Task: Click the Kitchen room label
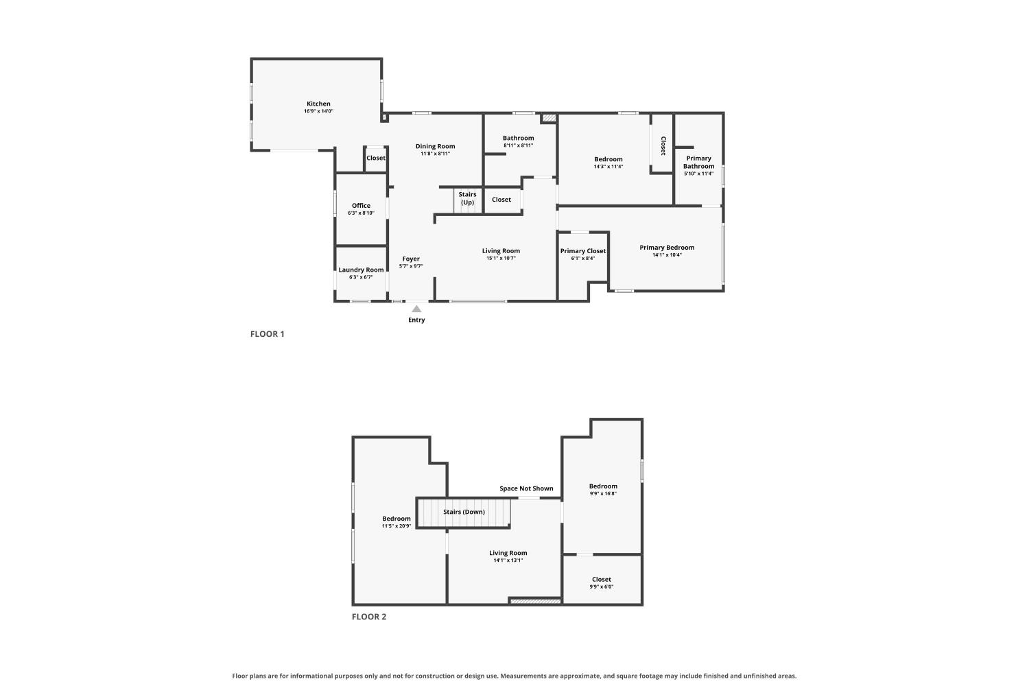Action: pos(318,104)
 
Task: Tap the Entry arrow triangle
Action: pos(416,309)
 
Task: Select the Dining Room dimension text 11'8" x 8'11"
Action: pos(435,154)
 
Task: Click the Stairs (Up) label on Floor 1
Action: pos(467,198)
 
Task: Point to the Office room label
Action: pos(361,205)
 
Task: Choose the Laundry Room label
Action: pos(361,270)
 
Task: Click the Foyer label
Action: pos(411,259)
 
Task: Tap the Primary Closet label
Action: pos(583,251)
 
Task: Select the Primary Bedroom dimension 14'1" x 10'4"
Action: pos(667,255)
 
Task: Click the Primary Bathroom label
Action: pos(699,162)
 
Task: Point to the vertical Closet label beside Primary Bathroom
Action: pos(663,145)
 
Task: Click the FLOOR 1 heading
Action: pos(268,334)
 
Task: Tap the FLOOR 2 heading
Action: pos(369,617)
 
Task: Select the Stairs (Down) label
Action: pos(464,512)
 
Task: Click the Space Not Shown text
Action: pos(526,488)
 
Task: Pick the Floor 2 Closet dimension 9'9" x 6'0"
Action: pos(602,587)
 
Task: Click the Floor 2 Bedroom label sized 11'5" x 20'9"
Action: pos(397,519)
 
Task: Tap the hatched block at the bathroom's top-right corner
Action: pos(549,118)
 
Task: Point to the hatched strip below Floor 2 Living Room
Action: pos(536,601)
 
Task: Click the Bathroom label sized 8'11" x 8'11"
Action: pos(518,138)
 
